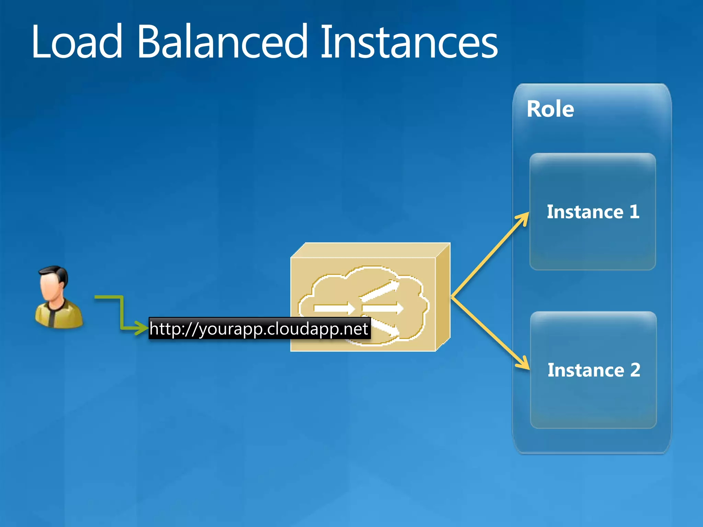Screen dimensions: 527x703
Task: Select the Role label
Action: coord(550,109)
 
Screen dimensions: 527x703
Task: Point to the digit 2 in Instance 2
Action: coord(635,370)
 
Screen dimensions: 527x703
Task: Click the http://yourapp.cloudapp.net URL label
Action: coord(259,329)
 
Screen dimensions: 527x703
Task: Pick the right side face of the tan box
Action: coord(443,297)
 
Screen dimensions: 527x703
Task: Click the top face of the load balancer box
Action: coord(371,250)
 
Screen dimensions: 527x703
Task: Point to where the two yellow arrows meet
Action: coord(452,297)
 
